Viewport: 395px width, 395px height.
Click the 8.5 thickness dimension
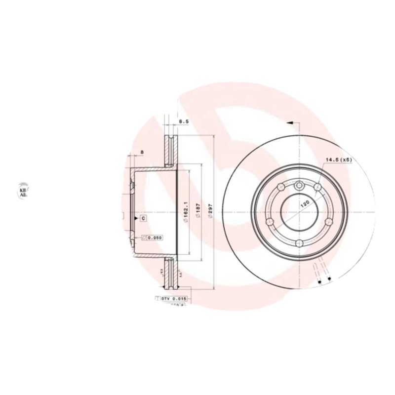183,121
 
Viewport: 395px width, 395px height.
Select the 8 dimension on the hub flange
142,152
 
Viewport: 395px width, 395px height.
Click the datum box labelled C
143,218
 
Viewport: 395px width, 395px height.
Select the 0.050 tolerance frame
153,237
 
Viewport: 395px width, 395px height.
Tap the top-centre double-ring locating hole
299,186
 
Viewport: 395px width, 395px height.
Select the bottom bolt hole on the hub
299,242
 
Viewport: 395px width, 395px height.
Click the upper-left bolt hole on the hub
281,188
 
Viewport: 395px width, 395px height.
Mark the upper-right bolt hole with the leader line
316,188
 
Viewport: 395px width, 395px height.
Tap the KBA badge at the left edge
23,192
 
